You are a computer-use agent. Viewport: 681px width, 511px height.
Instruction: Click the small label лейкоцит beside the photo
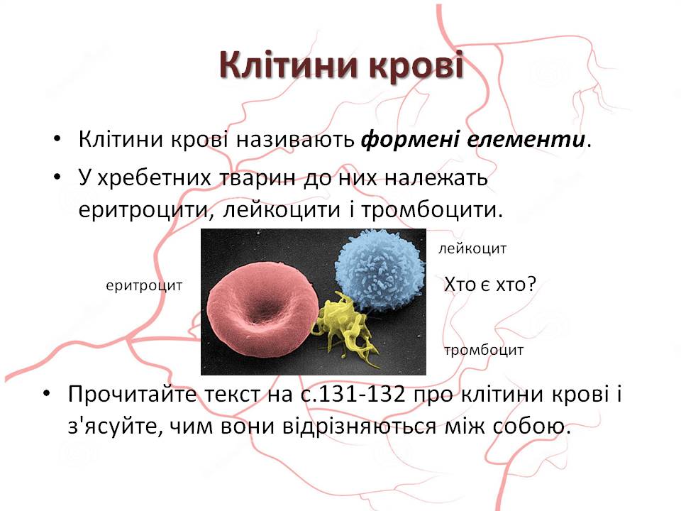coord(472,249)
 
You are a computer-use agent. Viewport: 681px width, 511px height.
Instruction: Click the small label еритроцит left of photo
coord(144,285)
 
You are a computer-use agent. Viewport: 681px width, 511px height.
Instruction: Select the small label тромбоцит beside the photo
coord(484,350)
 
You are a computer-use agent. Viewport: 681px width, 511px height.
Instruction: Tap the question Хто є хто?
coord(489,285)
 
